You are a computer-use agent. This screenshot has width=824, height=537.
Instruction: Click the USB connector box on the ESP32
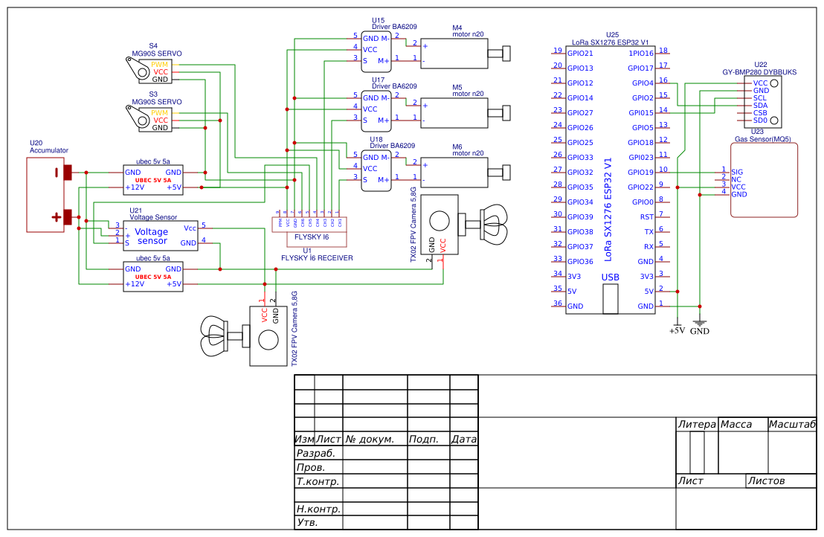click(610, 297)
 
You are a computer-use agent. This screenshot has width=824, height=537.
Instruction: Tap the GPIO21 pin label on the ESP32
click(580, 54)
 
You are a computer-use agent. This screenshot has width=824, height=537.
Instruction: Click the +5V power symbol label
click(677, 331)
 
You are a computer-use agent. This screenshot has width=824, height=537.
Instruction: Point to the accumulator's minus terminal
click(68, 173)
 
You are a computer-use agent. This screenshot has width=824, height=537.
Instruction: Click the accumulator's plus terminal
click(68, 217)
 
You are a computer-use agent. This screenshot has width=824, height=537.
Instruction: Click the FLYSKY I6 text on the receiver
click(312, 237)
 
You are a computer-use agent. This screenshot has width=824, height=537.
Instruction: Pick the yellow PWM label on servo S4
click(160, 65)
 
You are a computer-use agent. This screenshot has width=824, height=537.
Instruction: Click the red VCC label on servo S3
click(161, 120)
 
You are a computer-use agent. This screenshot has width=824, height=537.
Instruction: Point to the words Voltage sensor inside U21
click(152, 237)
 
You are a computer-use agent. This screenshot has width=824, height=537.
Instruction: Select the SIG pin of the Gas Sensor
click(737, 172)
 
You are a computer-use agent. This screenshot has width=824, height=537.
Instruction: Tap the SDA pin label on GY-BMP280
click(760, 106)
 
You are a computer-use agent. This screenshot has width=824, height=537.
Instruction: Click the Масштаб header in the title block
click(791, 425)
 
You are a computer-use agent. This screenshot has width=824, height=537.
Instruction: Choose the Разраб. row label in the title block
click(316, 453)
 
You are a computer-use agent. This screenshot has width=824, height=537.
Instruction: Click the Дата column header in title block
click(463, 440)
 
